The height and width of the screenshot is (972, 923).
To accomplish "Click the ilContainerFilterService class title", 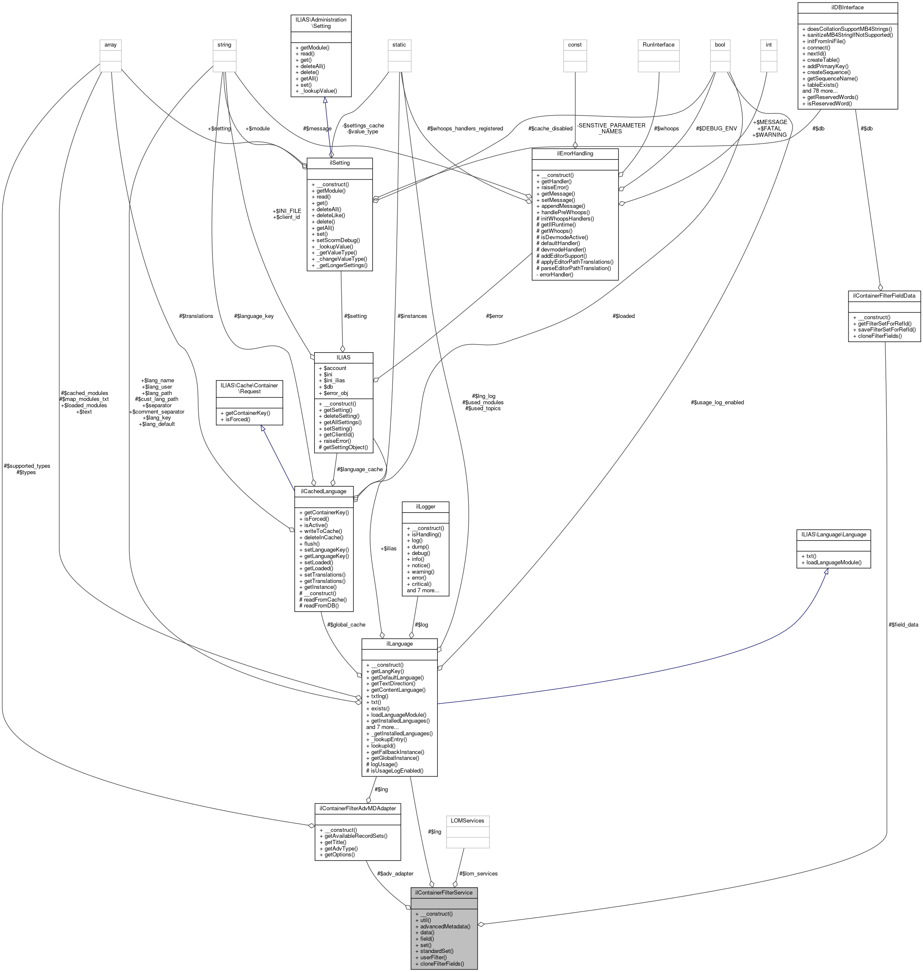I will pos(443,892).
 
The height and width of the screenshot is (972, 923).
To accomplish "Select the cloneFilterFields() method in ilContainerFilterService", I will pos(442,964).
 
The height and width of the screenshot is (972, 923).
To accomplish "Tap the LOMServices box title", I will pos(467,820).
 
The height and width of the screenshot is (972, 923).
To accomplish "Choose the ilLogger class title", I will pos(425,506).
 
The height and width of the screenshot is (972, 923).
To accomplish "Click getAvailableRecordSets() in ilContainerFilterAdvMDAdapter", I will pos(353,836).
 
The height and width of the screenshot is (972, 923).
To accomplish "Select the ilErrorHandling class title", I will pos(575,154).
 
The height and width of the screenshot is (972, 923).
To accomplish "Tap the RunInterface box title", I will pos(658,45).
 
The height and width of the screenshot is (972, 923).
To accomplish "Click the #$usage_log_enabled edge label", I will pos(717,402).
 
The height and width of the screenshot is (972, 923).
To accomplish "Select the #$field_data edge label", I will pos(904,625).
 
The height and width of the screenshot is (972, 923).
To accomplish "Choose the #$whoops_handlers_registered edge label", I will pos(465,128).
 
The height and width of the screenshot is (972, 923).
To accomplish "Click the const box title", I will pos(575,45).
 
